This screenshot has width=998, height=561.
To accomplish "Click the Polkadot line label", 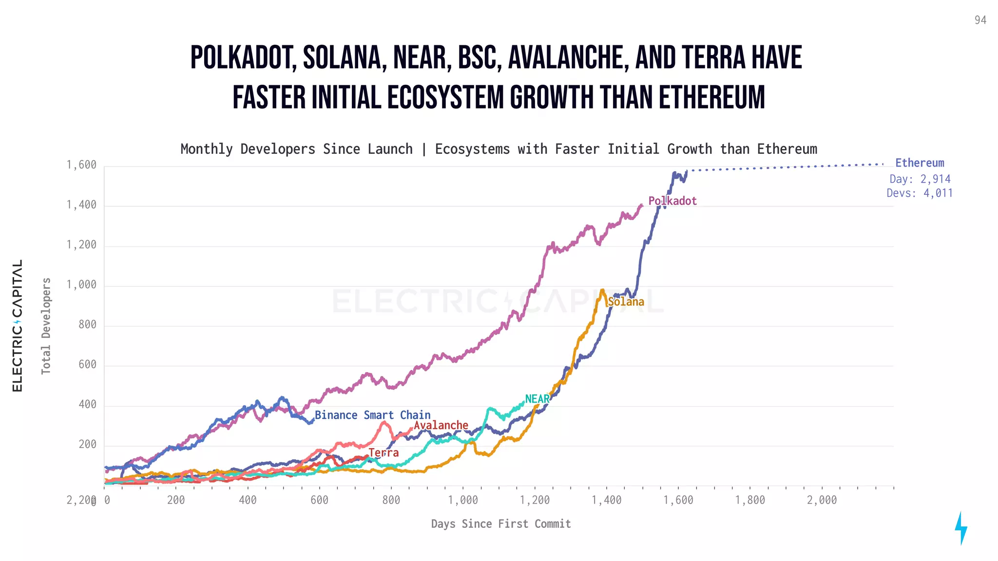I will point(672,201).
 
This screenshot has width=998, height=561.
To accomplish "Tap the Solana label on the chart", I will point(626,301).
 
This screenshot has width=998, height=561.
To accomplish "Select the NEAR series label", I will point(537,399).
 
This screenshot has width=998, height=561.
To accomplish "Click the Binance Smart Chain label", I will point(372,415).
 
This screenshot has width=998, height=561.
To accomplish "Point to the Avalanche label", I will point(441,425).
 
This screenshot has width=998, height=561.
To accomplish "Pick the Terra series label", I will point(384,452).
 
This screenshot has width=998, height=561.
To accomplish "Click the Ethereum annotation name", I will point(919,163).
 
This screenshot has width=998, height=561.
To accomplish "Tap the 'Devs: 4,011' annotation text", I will point(919,193).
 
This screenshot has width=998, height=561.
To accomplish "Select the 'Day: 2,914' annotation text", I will point(920,179).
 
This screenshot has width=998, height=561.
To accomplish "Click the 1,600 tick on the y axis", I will point(81,165).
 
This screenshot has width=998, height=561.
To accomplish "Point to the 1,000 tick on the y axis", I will point(81,284).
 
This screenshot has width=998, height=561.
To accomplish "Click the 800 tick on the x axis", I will point(391,500).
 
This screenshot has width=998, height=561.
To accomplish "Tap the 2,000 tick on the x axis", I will point(822,500).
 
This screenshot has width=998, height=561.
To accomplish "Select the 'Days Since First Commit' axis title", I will point(500,524).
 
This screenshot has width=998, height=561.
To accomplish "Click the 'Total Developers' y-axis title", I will point(46,326).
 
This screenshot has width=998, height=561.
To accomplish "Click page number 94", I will point(980,20).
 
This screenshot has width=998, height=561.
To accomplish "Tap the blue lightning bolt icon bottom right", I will point(960,528).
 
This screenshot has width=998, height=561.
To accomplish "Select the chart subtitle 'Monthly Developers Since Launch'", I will point(296,149).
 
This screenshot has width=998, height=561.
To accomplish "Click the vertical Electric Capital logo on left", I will point(18,325).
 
